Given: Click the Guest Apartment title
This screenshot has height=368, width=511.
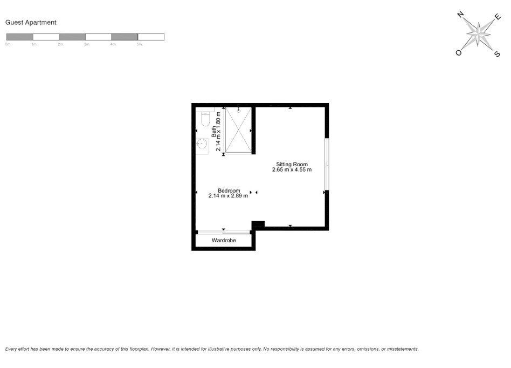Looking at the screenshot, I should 31,23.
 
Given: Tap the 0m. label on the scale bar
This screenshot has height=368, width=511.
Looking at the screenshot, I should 8,45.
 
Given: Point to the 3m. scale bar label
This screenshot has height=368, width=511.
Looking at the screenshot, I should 87,45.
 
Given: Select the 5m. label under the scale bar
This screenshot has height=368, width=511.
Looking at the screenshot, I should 139,45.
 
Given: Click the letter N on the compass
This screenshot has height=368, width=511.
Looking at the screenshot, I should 461,15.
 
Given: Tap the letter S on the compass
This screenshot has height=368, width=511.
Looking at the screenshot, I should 497,53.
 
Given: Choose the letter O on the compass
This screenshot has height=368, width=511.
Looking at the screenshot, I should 459,53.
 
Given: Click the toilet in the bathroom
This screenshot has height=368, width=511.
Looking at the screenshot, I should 205,119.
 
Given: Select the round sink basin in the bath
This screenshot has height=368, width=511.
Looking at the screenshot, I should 202,144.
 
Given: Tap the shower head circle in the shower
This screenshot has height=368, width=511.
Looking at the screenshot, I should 238,110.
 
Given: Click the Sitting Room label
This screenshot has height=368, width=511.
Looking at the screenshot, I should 292,164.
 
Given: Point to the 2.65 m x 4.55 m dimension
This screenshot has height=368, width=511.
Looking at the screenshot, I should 292,169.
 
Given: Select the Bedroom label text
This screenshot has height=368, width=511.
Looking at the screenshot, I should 229,190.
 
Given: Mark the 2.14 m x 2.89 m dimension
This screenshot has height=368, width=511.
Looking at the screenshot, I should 228,196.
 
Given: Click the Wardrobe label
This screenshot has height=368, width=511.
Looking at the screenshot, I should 224,240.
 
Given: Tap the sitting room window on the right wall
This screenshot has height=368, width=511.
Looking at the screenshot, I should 326,165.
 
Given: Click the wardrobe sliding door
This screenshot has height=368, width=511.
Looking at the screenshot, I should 223,232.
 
